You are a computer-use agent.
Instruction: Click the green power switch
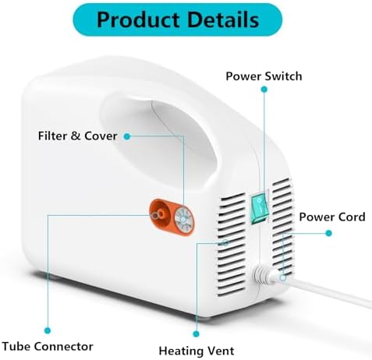[x=259, y=207]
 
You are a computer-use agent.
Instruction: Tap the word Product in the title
[x=138, y=19]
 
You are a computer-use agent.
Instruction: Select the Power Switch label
[x=264, y=76]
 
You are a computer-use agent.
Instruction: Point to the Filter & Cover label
[x=77, y=136]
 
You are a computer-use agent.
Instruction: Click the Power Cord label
[x=332, y=217]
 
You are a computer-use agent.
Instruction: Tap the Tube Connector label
[x=48, y=346]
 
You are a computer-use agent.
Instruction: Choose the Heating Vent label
[x=197, y=351]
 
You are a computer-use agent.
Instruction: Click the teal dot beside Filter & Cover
[x=127, y=136]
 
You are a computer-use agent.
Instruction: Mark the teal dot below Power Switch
[x=264, y=90]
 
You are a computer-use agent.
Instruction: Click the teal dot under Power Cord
[x=328, y=233]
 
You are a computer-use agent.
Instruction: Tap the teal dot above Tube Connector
[x=48, y=330]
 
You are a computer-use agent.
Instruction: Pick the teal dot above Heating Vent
[x=197, y=334]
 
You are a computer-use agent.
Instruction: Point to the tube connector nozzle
[x=158, y=214]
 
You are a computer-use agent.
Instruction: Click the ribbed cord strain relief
[x=264, y=276]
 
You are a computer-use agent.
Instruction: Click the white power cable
[x=325, y=291]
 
